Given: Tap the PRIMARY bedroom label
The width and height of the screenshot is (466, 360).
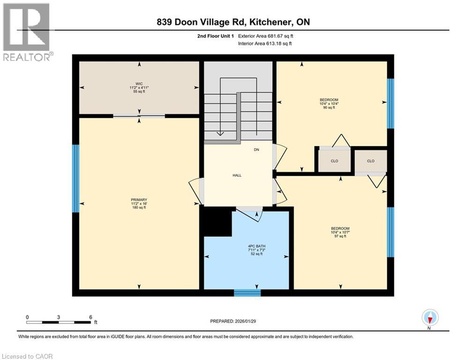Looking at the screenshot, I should coord(139,203).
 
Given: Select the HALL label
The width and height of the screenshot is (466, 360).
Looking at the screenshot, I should coord(237,175).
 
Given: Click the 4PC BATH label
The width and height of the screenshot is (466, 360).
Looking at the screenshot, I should coord(256,250).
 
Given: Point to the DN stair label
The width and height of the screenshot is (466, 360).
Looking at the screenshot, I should coord(256,150).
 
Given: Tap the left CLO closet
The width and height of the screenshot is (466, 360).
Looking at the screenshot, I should coord(334,161).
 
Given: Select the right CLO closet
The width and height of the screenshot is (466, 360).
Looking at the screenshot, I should coord(370,161).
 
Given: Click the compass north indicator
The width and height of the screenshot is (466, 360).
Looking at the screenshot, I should coord(429,318).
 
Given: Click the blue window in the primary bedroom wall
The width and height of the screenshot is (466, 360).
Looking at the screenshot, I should coord(75,179).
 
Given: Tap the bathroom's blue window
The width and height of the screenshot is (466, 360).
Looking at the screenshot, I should coord(247,293).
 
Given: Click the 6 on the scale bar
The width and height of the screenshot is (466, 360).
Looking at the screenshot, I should coord(90,317).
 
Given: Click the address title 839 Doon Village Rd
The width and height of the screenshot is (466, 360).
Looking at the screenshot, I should coord(232,22).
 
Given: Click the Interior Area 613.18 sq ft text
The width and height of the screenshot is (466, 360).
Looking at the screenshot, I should coord(265,44).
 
